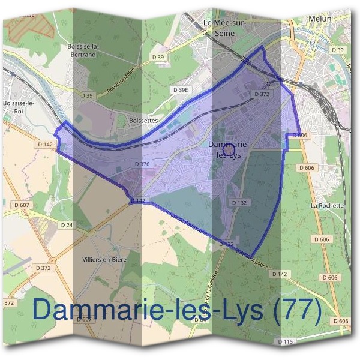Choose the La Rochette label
327,206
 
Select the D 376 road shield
142,164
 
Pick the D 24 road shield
67,225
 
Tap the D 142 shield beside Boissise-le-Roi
45,145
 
